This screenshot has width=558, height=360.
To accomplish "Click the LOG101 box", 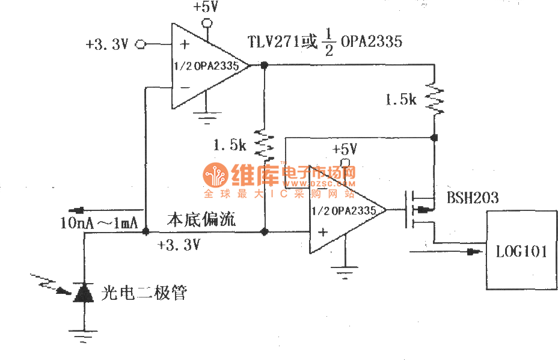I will click(521, 250).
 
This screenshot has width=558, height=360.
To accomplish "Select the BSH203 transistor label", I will click(473, 198).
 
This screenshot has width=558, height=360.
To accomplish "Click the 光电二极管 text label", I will click(144, 293).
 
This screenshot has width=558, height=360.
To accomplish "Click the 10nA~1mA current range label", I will click(99, 223).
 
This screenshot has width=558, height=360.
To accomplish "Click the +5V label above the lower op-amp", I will click(345, 148).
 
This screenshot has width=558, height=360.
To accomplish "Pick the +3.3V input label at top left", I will click(106, 44).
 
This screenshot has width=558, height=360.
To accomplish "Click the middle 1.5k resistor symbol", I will click(263, 144).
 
